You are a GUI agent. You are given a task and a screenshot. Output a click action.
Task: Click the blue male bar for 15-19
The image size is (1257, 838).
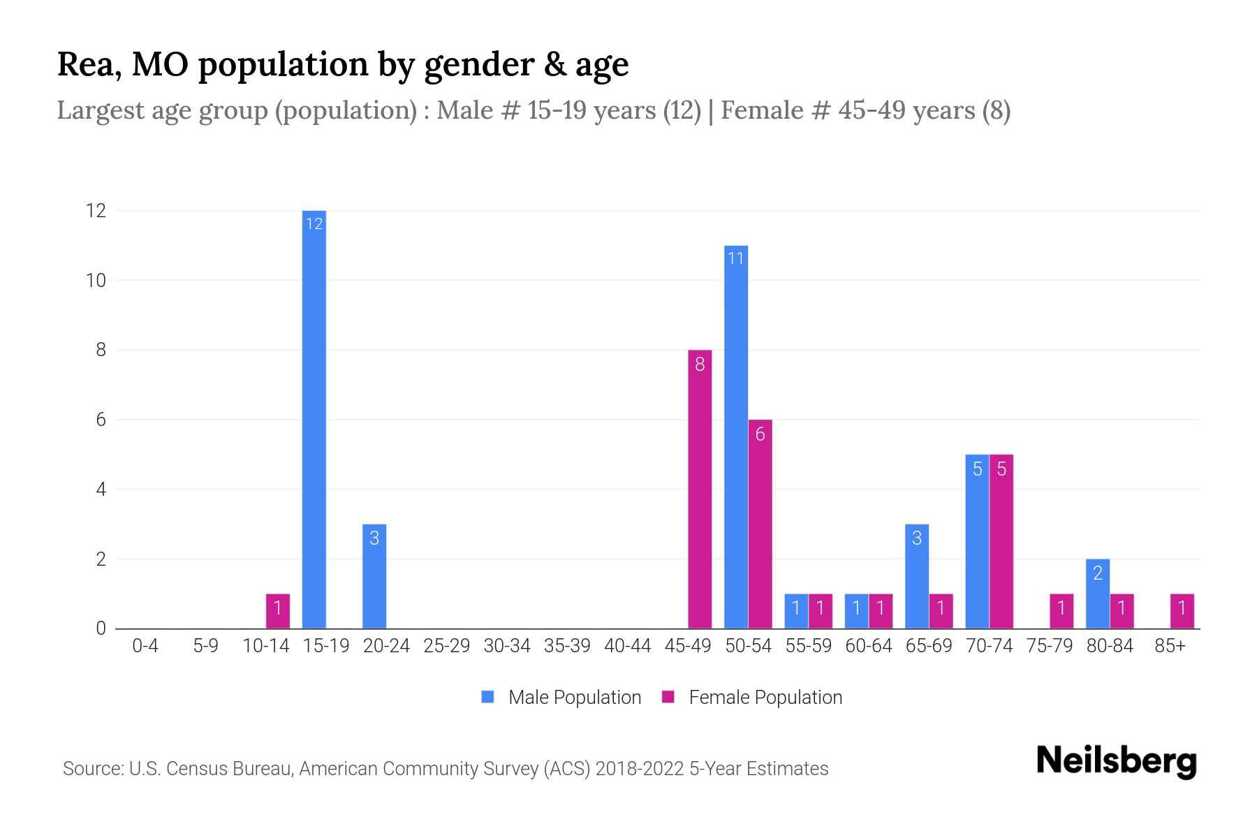314,419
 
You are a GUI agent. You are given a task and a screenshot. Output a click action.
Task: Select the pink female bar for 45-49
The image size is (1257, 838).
700,489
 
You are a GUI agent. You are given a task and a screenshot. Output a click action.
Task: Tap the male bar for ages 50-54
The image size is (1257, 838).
736,436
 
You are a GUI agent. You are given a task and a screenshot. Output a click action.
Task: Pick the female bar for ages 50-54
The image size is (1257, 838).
760,524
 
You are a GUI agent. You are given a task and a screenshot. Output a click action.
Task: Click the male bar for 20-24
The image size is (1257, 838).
374,576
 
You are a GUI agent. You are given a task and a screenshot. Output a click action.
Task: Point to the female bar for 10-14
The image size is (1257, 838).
278,611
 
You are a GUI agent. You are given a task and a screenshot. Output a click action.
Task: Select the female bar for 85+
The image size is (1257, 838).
1182,611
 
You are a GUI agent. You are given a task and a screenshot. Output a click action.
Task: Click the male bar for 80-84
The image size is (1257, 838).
1098,594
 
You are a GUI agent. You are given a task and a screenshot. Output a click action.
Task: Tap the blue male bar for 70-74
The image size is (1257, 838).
977,541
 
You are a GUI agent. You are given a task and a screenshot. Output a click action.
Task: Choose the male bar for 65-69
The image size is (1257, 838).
917,576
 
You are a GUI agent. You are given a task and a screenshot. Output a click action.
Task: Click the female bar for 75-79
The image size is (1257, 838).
1061,611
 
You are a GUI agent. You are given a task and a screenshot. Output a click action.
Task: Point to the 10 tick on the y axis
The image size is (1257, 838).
96,281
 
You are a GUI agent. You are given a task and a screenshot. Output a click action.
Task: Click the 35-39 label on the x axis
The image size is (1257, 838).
567,646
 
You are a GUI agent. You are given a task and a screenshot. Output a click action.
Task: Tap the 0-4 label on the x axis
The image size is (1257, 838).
145,646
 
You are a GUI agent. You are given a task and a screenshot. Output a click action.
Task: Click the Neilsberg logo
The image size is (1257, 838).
1116,761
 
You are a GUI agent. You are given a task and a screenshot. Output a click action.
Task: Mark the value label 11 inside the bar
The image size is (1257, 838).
736,258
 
